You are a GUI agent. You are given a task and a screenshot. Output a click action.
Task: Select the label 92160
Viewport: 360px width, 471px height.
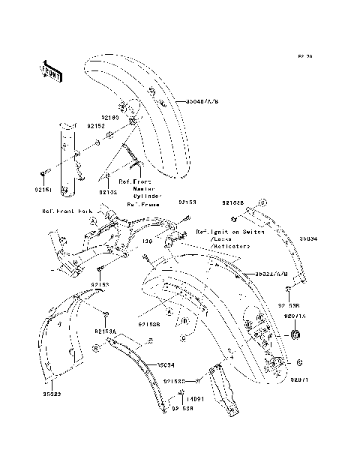[x=111, y=118]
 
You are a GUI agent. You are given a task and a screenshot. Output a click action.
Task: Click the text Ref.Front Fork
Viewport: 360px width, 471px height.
[x=67, y=211]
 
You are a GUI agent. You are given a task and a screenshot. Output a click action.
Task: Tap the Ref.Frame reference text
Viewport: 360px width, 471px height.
[x=141, y=203]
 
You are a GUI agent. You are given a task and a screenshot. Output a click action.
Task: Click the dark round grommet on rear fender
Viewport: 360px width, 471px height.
[x=294, y=333]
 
